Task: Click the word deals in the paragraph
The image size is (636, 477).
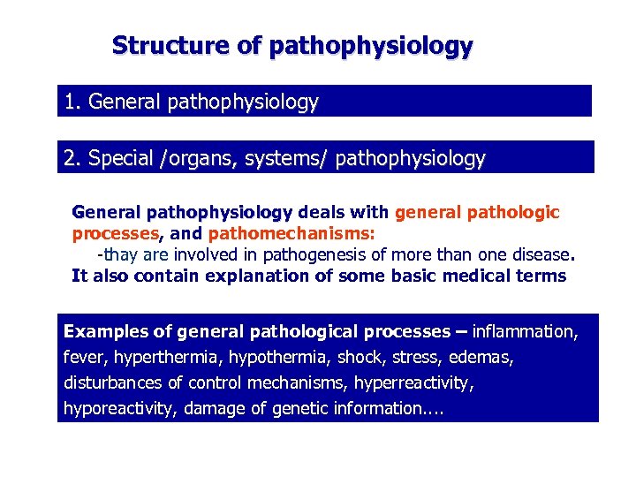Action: pyautogui.click(x=322, y=213)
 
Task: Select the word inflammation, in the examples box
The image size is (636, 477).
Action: pyautogui.click(x=526, y=332)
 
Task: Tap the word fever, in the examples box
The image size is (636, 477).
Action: pyautogui.click(x=84, y=358)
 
